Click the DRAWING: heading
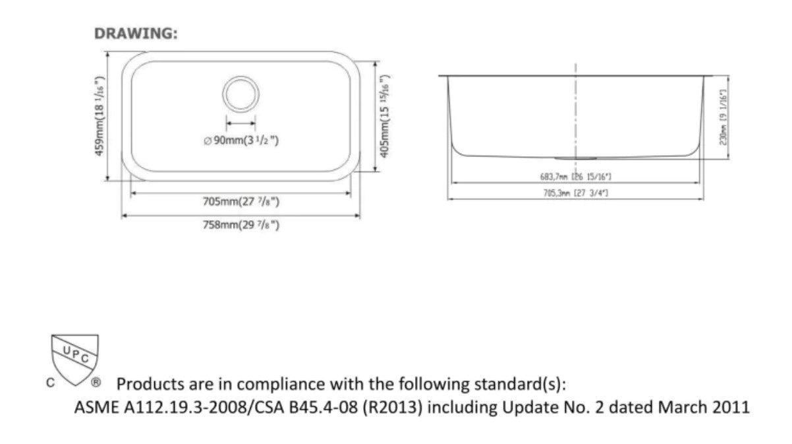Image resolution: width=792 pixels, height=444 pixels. coord(136,34)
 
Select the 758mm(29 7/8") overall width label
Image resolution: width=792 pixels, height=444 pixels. coord(241,225)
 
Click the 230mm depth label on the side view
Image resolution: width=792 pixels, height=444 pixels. coord(723,117)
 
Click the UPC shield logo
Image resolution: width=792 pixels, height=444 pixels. coord(75,358)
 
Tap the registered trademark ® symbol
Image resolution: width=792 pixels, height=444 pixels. coord(96,382)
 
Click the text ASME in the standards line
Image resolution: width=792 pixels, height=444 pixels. coord(94,407)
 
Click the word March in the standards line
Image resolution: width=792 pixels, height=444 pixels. coord(682,407)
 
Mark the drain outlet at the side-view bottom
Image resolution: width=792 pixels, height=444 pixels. coord(576,158)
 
